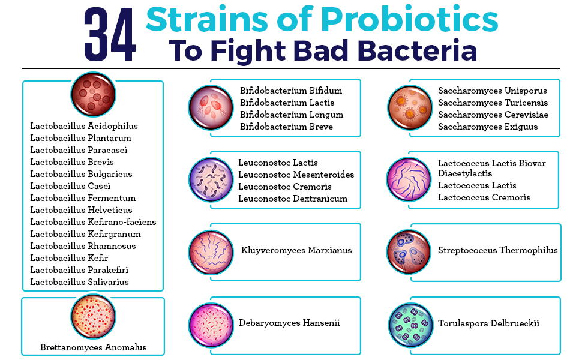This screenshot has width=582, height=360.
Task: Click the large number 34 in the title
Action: [x=110, y=35]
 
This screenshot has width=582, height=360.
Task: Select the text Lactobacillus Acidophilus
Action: [x=84, y=126]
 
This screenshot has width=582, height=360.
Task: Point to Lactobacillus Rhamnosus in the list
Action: [x=83, y=246]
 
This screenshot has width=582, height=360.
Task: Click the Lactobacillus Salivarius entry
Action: [x=79, y=282]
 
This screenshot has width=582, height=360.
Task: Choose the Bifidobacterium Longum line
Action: [x=292, y=115]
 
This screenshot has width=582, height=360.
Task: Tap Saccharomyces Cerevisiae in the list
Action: [x=493, y=115]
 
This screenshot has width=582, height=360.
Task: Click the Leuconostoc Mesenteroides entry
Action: [x=296, y=175]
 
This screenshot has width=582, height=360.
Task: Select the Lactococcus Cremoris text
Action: [x=484, y=197]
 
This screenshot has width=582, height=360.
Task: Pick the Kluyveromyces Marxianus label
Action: [x=296, y=251]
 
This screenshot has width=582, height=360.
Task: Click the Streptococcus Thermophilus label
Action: [x=498, y=251]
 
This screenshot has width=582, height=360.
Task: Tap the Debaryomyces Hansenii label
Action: [x=289, y=323]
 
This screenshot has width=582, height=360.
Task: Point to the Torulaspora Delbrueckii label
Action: [x=488, y=323]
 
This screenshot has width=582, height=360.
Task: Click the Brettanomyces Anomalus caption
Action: [x=94, y=347]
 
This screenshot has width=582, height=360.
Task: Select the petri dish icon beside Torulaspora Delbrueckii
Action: [x=410, y=325]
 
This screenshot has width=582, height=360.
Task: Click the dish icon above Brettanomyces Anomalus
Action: [x=93, y=317]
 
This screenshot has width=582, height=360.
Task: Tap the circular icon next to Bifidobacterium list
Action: [x=211, y=107]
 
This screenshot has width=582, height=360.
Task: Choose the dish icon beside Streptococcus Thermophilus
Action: [x=409, y=251]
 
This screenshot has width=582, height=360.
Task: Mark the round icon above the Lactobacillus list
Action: [x=93, y=94]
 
